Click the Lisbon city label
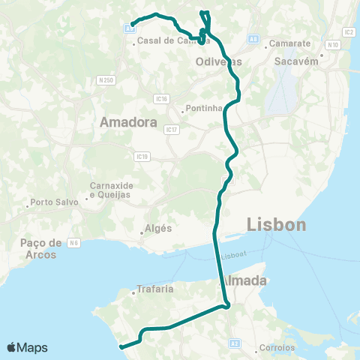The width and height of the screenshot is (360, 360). pos(276,225)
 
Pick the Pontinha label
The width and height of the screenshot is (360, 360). pos(204,108)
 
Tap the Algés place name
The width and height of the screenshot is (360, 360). pos(158,229)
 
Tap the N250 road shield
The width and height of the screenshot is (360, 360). pos(106,79)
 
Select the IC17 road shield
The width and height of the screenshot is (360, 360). pos(172,130)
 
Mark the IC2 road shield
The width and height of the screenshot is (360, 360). pos(349,32)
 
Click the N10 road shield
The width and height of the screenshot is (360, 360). pos(334,45)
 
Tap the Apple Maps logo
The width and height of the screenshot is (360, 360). pos(27,347)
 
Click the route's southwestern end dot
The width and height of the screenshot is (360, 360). pos(121,346)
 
